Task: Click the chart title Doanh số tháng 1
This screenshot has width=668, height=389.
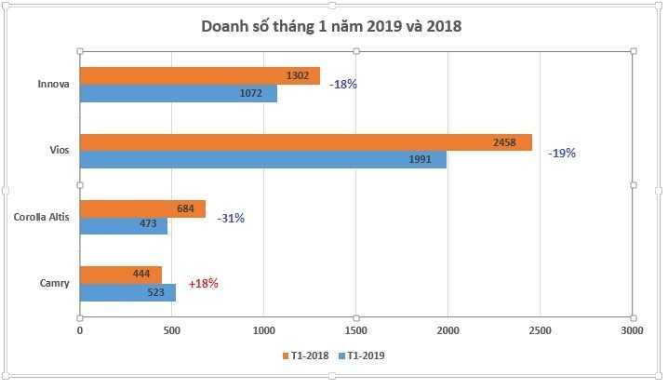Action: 331,26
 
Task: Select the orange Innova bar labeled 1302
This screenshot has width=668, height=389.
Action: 199,76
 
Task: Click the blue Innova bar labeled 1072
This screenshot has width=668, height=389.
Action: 178,93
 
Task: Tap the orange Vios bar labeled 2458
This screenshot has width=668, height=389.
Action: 305,142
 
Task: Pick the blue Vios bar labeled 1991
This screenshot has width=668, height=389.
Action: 262,160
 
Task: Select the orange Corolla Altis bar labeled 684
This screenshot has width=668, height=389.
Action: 141,208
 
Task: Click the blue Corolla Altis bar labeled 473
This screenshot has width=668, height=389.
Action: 123,226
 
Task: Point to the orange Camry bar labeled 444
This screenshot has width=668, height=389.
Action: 120,275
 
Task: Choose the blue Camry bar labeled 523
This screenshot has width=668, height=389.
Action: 127,292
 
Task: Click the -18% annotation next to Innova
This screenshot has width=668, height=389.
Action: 342,85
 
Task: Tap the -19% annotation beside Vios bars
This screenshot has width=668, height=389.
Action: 561,153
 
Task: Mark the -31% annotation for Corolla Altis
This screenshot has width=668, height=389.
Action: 230,219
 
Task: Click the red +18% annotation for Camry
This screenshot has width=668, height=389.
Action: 203,284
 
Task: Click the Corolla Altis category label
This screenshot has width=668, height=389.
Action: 41,217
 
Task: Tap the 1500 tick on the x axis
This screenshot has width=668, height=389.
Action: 355,329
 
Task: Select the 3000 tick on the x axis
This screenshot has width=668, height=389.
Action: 632,329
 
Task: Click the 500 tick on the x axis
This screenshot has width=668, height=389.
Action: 171,329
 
